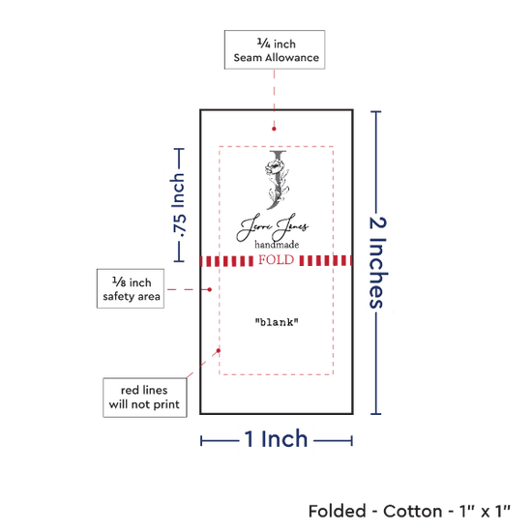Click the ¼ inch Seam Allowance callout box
click(275, 50)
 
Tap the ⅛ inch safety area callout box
click(131, 289)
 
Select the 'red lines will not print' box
click(145, 398)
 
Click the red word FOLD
click(277, 260)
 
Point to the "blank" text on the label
click(277, 322)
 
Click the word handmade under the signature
click(277, 245)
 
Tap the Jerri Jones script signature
click(273, 226)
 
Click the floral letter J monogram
click(277, 180)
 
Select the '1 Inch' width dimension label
click(276, 439)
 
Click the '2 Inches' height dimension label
click(378, 262)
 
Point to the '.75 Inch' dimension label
click(179, 205)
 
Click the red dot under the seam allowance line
click(274, 129)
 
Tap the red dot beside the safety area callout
click(210, 289)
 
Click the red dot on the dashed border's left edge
click(219, 350)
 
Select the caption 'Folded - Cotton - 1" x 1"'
click(409, 511)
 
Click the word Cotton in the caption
click(413, 511)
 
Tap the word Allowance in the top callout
click(292, 58)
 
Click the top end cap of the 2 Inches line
click(376, 111)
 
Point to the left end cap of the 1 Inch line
click(201, 441)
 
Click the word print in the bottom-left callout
click(166, 404)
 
